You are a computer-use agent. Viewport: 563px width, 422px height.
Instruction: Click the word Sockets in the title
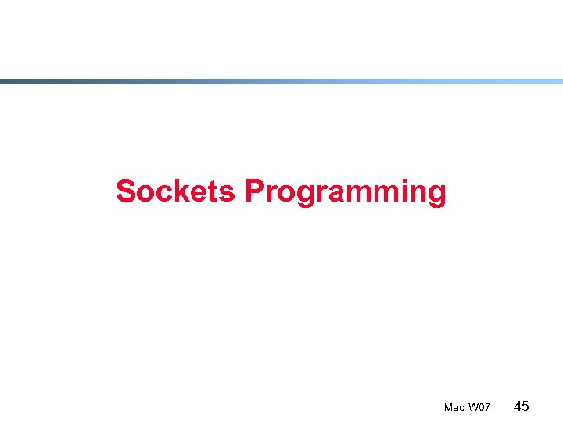pos(175,191)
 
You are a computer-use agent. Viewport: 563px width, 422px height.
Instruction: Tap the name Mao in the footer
pos(454,408)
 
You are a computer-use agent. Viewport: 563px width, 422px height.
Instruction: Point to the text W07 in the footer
pos(479,408)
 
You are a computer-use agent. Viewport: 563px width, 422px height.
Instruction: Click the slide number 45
pos(522,406)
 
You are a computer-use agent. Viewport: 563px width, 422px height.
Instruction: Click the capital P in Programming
pos(254,191)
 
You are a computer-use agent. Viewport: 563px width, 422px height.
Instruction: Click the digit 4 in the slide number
pos(517,406)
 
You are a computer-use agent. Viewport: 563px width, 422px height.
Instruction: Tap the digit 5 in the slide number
pos(525,406)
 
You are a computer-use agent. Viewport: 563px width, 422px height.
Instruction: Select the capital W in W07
pos(472,408)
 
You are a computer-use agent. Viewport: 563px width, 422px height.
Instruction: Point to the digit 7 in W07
pos(487,408)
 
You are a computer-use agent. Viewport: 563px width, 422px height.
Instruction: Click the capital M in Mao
pos(448,408)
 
